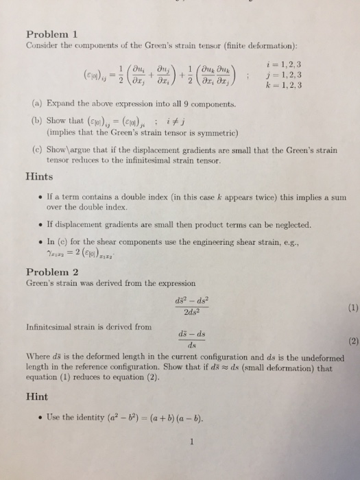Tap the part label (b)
[36, 119]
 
